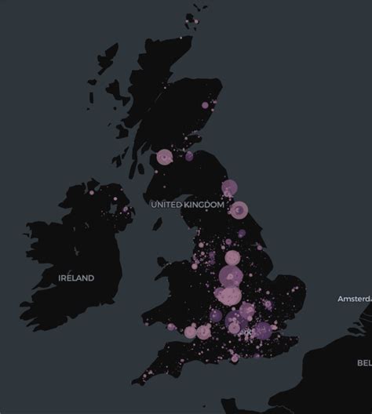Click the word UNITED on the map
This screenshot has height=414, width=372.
pyautogui.click(x=166, y=205)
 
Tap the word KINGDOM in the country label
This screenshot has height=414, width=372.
pyautogui.click(x=205, y=205)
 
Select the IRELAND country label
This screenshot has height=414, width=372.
pyautogui.click(x=77, y=278)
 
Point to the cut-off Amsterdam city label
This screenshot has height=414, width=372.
pyautogui.click(x=354, y=299)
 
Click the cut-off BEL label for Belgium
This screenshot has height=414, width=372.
pyautogui.click(x=364, y=362)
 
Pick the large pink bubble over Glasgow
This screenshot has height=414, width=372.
pyautogui.click(x=165, y=157)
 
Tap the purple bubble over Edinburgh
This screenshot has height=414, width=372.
pyautogui.click(x=189, y=157)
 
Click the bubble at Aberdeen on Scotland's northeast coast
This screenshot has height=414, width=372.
pyautogui.click(x=206, y=104)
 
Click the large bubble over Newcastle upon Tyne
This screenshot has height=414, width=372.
pyautogui.click(x=229, y=187)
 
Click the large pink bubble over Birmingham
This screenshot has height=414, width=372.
pyautogui.click(x=230, y=296)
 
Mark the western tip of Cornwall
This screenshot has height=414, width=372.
pyautogui.click(x=134, y=382)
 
